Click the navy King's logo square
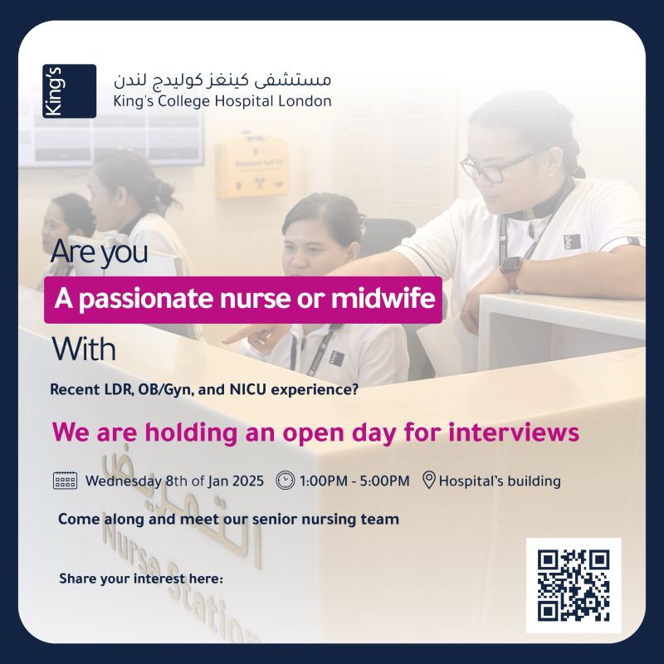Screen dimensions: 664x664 coord(69,91)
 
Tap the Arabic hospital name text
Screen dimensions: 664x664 coord(222,80)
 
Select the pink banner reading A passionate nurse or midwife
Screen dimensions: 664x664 coord(243,300)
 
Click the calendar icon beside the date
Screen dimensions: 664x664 coord(65,481)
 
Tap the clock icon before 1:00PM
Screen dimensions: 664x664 coord(285,481)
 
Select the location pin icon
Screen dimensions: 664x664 coord(429,481)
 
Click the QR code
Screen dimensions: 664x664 coord(574,585)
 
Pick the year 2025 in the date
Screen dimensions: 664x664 coord(248,481)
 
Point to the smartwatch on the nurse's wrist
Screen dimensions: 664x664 coord(510,269)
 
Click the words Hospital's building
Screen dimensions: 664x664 coord(500,481)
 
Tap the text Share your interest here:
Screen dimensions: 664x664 coord(141,579)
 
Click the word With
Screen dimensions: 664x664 coord(84,349)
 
